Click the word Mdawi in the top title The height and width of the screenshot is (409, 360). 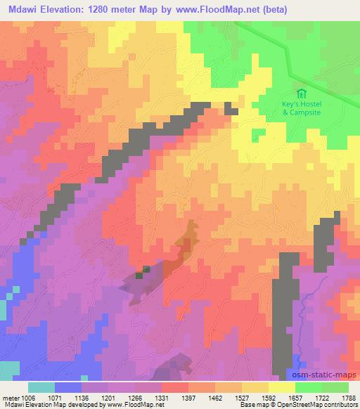pos(22,9)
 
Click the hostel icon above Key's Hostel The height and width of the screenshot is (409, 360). pos(301,94)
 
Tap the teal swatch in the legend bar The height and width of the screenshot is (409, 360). pos(41,387)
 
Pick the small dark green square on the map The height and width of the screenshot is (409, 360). pos(146,269)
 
